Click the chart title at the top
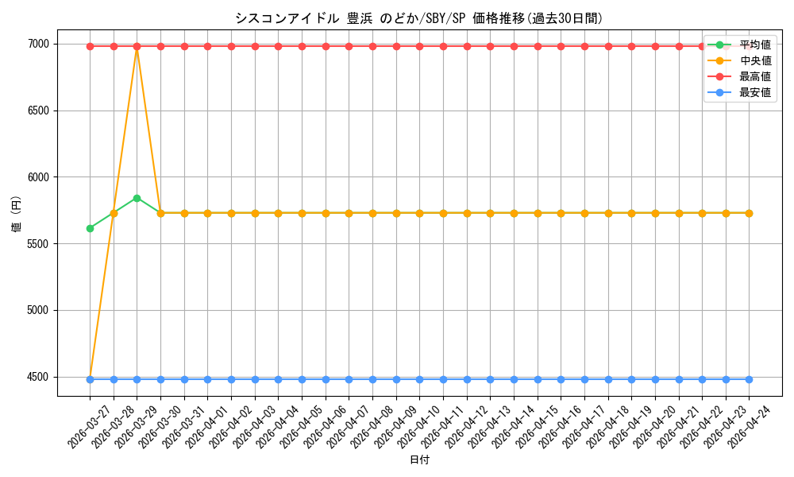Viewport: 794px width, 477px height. (x=418, y=18)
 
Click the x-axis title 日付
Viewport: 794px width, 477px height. (x=419, y=460)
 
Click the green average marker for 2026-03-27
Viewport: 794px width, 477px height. (x=91, y=229)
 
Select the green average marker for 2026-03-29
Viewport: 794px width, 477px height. (x=137, y=198)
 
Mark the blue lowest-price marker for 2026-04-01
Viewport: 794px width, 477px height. (x=207, y=379)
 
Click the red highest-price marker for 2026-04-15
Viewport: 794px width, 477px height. (x=538, y=47)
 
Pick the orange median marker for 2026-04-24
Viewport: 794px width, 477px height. (x=749, y=213)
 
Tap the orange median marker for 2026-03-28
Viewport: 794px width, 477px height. (x=114, y=213)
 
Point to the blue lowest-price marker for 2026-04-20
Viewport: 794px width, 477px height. (x=655, y=379)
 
